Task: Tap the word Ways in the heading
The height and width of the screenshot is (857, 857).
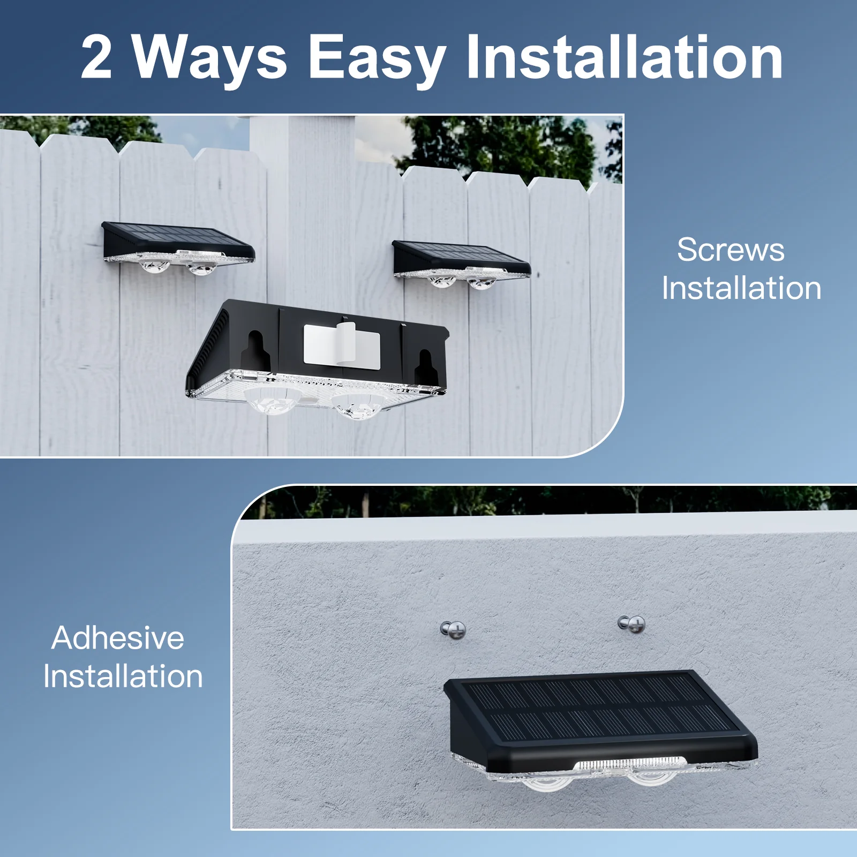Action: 209,57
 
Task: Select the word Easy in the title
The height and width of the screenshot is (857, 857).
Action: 377,57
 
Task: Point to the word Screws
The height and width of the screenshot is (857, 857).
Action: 731,250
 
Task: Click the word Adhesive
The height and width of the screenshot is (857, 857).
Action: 118,638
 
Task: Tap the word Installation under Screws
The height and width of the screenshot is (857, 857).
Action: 741,288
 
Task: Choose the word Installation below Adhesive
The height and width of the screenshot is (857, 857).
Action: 123,676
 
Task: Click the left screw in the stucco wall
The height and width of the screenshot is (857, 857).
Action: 454,630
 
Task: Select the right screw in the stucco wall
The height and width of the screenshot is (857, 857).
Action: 633,624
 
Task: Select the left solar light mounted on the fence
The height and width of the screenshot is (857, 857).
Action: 178,247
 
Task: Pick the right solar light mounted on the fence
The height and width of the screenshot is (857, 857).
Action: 461,264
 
